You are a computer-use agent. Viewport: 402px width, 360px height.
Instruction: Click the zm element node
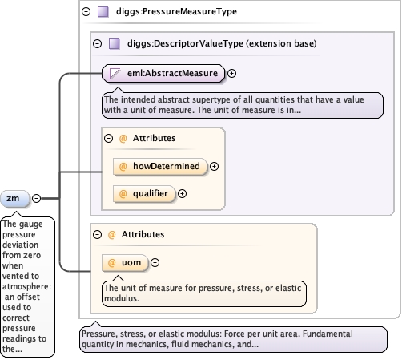pos(15,199)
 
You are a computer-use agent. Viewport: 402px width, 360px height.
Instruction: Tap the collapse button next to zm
pos(36,198)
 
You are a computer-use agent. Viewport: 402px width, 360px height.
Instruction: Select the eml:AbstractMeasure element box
pos(163,73)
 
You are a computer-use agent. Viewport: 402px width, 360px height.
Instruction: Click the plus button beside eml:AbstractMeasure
pos(231,73)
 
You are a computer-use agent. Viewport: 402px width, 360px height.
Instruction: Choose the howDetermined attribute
pos(160,166)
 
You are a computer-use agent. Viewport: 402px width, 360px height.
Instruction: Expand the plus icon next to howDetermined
pos(214,166)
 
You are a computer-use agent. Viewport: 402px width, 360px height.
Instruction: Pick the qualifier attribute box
pos(144,193)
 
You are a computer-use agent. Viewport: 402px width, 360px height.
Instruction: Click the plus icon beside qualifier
pos(182,193)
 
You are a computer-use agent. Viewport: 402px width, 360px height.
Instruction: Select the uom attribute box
pos(125,263)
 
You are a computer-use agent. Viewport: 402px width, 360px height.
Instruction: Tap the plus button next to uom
pos(155,263)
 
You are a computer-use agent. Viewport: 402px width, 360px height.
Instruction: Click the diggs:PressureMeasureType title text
pos(176,11)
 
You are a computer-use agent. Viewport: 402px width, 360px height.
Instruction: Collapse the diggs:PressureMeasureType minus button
pos(86,11)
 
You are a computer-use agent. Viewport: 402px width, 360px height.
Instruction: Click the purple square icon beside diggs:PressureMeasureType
pos(103,12)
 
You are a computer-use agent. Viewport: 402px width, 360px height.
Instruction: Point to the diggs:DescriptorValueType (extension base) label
pos(222,43)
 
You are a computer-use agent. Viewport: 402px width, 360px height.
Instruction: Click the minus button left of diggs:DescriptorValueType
pos(97,43)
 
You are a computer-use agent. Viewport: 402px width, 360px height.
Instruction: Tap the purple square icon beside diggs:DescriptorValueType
pos(115,44)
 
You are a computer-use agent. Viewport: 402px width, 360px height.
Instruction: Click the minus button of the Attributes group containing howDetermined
pos(108,138)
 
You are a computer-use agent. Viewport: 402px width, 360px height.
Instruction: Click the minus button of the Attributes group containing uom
pos(97,234)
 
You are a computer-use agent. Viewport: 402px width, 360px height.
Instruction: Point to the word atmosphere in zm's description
pos(26,286)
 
